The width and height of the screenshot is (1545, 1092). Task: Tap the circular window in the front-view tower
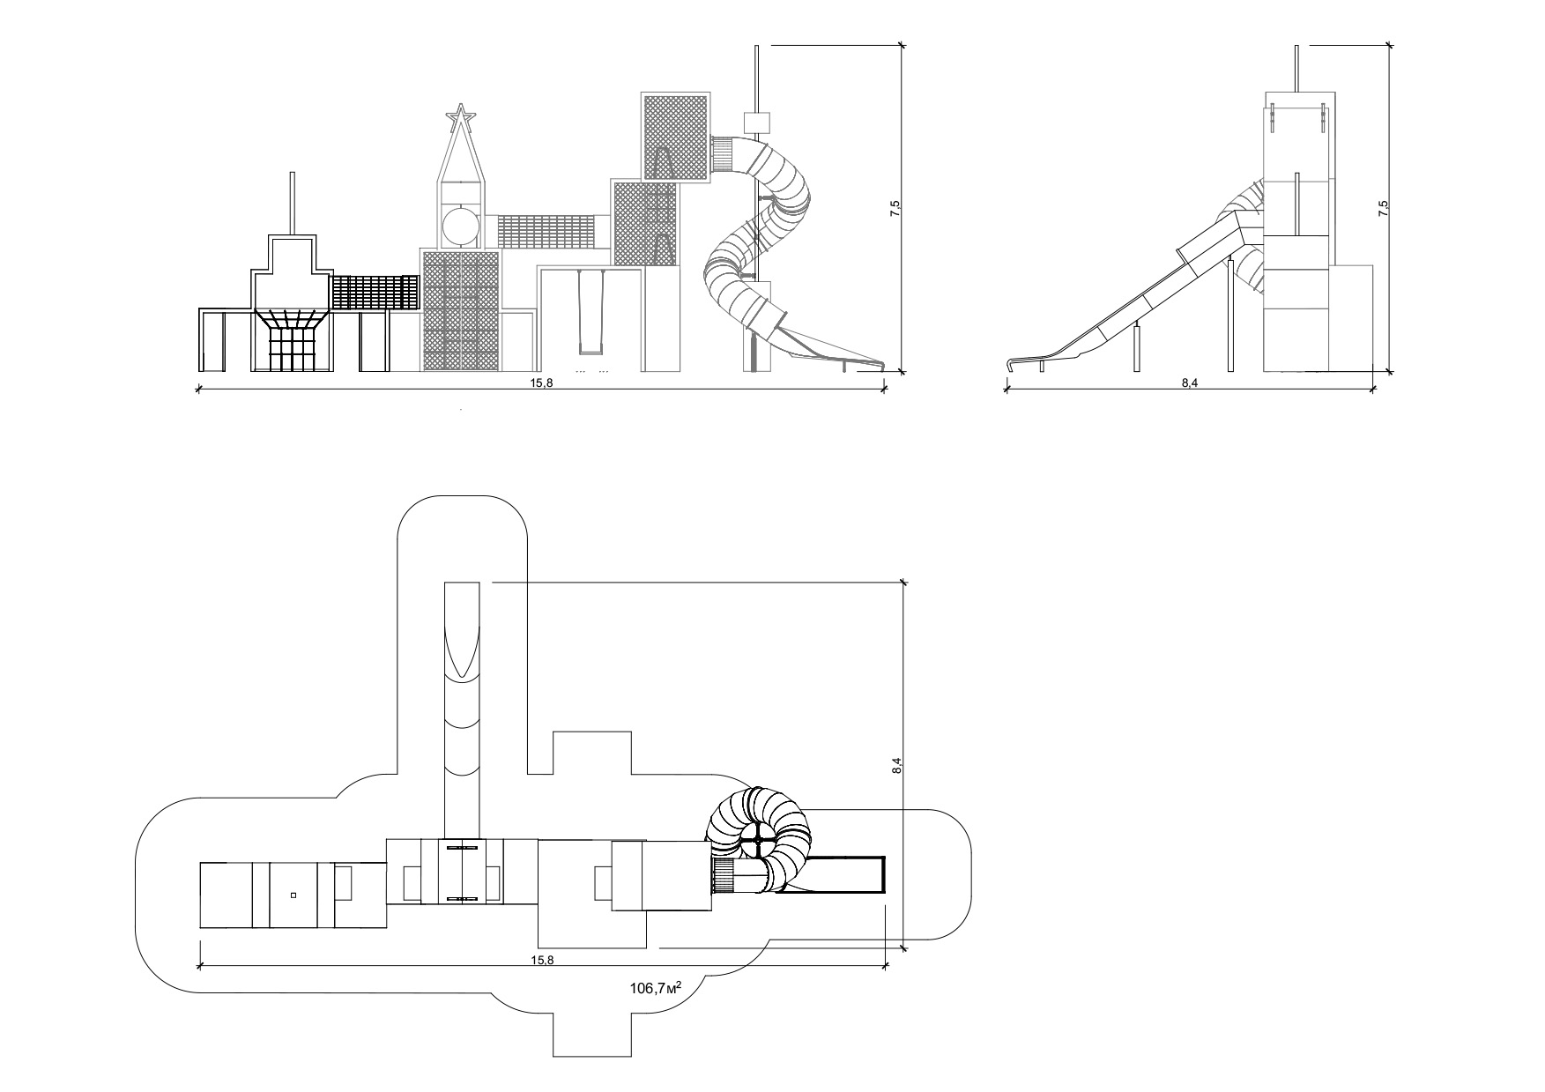461,225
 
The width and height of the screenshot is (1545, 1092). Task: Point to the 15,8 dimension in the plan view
542,960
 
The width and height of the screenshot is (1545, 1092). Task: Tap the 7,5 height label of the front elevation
895,209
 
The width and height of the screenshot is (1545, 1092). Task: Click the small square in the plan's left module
293,895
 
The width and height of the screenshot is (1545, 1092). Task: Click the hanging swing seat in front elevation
591,313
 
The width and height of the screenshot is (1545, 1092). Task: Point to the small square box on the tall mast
757,122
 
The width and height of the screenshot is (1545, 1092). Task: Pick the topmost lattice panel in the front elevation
676,137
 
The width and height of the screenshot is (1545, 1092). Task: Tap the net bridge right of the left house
374,293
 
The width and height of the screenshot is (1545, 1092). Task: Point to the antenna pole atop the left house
291,204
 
